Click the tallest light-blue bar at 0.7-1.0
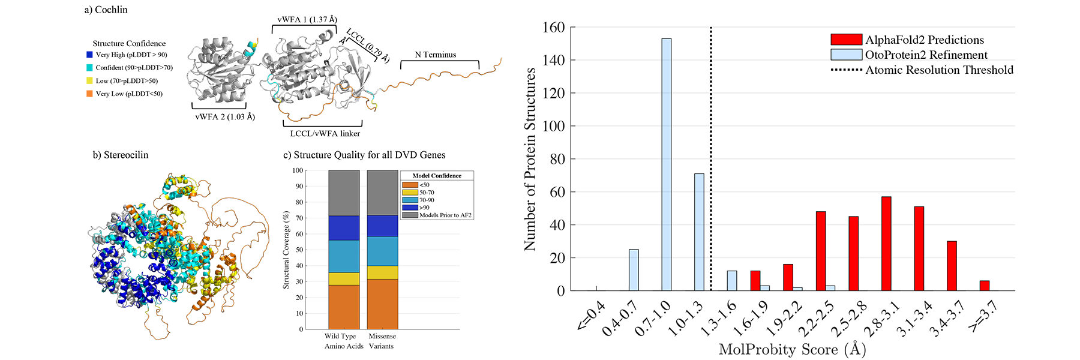(666, 165)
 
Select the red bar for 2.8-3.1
(886, 244)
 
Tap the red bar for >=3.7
(985, 286)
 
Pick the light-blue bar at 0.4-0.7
(634, 270)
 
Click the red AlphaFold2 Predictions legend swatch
(846, 40)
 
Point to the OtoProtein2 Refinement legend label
(926, 55)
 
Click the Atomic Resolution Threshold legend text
(939, 70)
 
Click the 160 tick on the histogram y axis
(553, 28)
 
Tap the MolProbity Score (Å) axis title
(792, 349)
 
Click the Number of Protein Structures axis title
(530, 159)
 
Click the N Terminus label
(436, 55)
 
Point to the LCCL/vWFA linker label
(325, 133)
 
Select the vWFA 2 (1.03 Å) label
(225, 116)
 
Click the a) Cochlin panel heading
(106, 10)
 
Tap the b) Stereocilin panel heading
(120, 155)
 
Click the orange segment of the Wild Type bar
(344, 307)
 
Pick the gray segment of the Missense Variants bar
(382, 192)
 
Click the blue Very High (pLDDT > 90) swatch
(89, 55)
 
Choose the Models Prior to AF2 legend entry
(445, 215)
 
